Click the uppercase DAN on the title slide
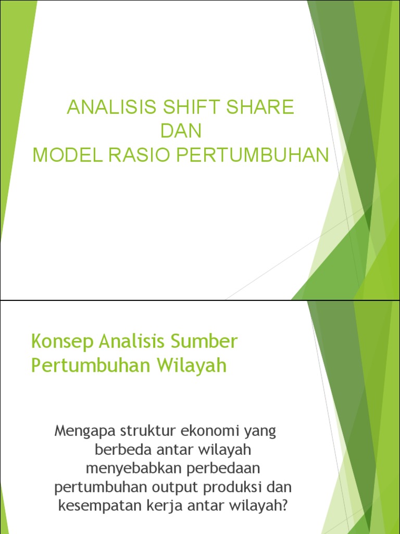pyautogui.click(x=181, y=131)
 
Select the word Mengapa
pyautogui.click(x=85, y=432)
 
